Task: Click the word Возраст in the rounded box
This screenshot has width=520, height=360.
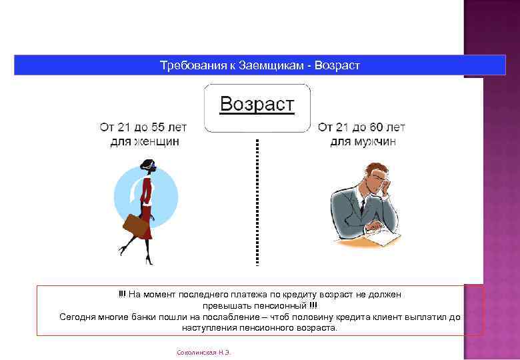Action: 257,104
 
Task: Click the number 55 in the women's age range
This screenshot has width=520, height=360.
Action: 158,127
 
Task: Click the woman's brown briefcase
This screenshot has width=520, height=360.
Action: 136,225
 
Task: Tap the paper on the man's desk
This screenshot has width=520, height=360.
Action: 383,235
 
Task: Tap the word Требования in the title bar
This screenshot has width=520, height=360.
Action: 189,65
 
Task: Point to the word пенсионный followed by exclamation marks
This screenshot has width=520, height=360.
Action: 278,305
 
